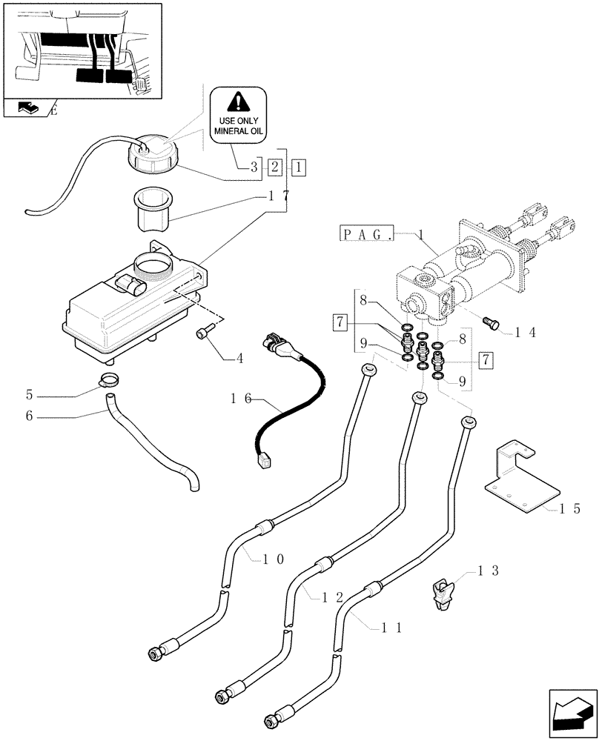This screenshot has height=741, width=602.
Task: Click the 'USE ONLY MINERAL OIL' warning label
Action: (238, 116)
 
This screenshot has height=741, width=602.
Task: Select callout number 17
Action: (279, 196)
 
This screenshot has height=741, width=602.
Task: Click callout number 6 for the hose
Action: (30, 416)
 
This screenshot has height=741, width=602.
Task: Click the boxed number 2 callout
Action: (274, 167)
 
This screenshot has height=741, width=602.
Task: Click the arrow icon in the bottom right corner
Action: (572, 714)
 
